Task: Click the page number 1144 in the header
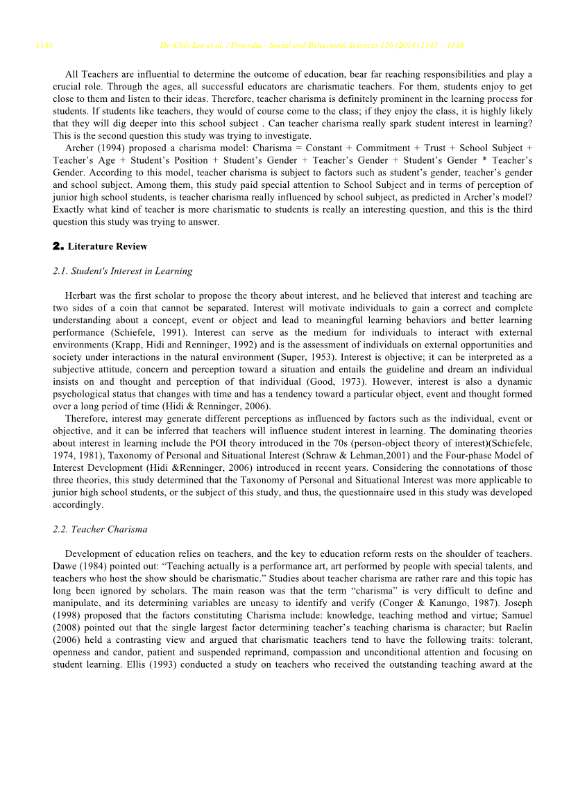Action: click(x=44, y=46)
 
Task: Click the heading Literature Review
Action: click(x=108, y=246)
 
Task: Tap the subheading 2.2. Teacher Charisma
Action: click(x=100, y=529)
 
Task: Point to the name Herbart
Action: click(x=80, y=295)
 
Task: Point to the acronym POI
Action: click(x=230, y=443)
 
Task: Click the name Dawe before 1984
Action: click(x=65, y=566)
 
